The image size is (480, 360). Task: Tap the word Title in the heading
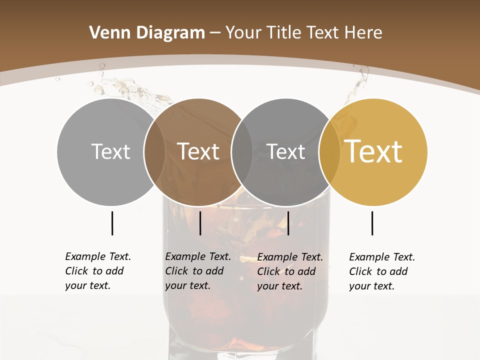pyautogui.click(x=284, y=33)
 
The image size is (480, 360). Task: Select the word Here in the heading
pyautogui.click(x=363, y=33)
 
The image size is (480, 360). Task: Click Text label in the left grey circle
pyautogui.click(x=110, y=151)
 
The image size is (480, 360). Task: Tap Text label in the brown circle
pyautogui.click(x=198, y=151)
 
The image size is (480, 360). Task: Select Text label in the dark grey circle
pyautogui.click(x=285, y=151)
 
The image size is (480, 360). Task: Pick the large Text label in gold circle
pyautogui.click(x=373, y=151)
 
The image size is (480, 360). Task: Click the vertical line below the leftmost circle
pyautogui.click(x=112, y=223)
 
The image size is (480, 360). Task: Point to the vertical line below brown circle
pyautogui.click(x=200, y=223)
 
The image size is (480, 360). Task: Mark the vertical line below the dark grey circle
pyautogui.click(x=288, y=223)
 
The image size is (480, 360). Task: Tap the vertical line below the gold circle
pyautogui.click(x=372, y=223)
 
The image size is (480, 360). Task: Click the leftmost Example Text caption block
pyautogui.click(x=97, y=271)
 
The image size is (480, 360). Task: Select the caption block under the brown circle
pyautogui.click(x=197, y=271)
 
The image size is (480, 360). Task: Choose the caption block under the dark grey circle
pyautogui.click(x=289, y=271)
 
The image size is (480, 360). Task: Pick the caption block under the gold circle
pyautogui.click(x=381, y=271)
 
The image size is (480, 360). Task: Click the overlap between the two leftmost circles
pyautogui.click(x=154, y=151)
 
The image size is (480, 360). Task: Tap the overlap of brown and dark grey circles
pyautogui.click(x=242, y=151)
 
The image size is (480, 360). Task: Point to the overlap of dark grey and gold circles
pyautogui.click(x=329, y=151)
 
